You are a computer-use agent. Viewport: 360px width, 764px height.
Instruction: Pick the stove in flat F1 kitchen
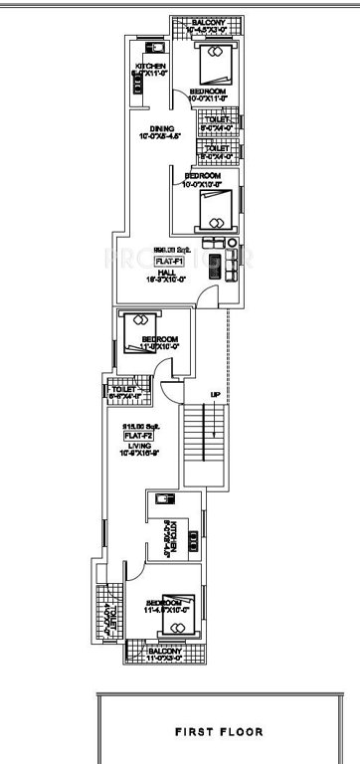coord(136,84)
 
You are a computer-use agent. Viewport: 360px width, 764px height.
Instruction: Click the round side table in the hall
coord(231,243)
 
